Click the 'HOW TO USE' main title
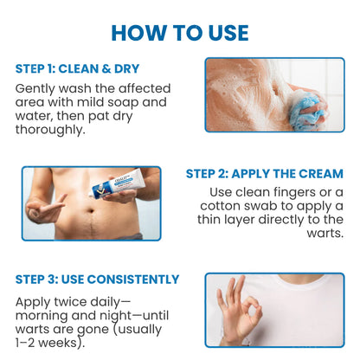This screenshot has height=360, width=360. [x=180, y=33]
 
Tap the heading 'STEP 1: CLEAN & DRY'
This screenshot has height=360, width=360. [x=77, y=68]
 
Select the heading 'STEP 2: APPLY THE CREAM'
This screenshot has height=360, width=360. [x=265, y=174]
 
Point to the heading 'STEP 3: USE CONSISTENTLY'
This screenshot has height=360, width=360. [x=97, y=280]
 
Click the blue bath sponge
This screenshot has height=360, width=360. [x=305, y=111]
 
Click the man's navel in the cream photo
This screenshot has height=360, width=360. [x=92, y=211]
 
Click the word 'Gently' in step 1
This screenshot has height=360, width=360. [x=35, y=89]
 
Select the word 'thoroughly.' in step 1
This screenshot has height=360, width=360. [x=50, y=130]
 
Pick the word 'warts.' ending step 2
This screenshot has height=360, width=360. [x=325, y=234]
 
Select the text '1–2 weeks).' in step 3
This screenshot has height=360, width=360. [x=50, y=343]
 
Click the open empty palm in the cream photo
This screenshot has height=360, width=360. [x=45, y=209]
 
